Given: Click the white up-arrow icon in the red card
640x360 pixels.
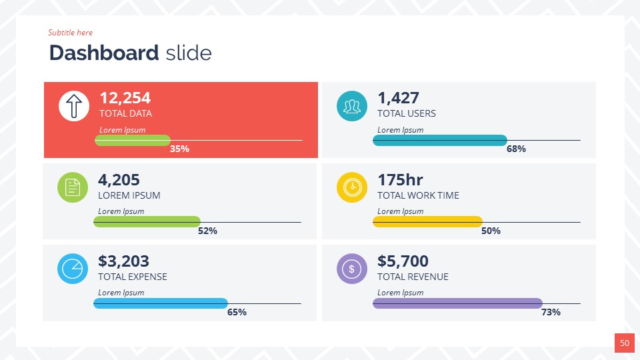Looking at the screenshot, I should coord(74,106).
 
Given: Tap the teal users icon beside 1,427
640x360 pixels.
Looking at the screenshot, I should coord(352,106).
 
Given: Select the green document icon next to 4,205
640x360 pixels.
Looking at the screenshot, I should coord(73,187).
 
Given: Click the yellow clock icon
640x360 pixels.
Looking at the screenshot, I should coord(352,187).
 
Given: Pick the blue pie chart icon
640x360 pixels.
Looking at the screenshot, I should coord(73,269).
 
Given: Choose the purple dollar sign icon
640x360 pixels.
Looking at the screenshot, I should coord(352,269).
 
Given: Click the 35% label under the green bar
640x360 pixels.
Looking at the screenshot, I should coord(179,149).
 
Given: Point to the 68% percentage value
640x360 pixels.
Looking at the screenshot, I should coord(516,149).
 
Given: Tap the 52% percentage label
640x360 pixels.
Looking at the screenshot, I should coord(207,231).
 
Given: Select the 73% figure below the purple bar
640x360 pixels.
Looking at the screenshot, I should coord(551,312).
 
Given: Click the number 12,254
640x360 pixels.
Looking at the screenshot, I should coord(125,98).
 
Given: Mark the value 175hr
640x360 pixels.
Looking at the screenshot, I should coord(400,180).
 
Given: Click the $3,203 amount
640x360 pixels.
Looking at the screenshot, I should coord(123,261).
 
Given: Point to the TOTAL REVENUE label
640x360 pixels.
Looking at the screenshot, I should coord(413,277).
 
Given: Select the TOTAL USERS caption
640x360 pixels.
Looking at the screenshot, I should coord(407,113).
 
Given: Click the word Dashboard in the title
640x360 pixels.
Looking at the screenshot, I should coord(104,53).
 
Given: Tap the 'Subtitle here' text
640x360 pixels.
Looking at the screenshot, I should coord(70,33).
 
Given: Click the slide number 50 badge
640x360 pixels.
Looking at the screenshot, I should coord(625,343).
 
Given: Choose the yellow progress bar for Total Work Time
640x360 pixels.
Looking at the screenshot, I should coord(427,221).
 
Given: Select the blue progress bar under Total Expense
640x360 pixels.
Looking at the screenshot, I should coord(161,303).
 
